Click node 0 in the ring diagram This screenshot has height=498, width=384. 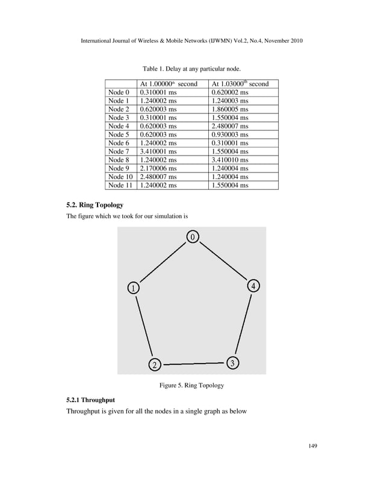tap(192, 238)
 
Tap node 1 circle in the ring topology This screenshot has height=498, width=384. tap(132, 288)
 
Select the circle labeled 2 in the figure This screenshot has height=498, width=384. tap(154, 364)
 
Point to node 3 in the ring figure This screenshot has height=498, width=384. tap(232, 362)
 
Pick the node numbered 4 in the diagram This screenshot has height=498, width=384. tap(254, 286)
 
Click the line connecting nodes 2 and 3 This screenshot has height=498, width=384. tap(193, 364)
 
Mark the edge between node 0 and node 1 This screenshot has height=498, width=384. tap(163, 262)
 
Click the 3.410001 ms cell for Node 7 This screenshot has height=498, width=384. tap(158, 151)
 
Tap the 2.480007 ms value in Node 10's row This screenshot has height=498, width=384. tap(158, 177)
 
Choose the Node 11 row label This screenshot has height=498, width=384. tap(119, 185)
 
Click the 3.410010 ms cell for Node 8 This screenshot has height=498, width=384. tap(230, 160)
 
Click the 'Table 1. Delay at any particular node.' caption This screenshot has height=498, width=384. tap(192, 68)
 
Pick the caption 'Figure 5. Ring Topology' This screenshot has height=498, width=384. tap(191, 385)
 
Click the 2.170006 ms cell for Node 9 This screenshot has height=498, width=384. tap(158, 168)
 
